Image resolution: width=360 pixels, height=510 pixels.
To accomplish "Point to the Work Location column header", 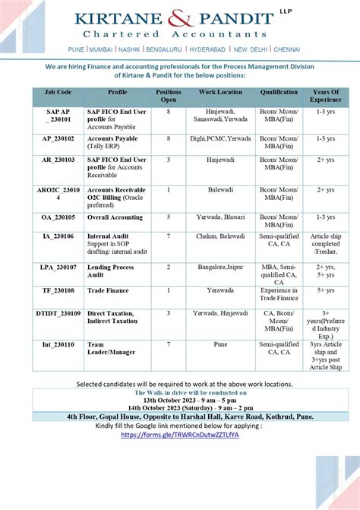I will click(220, 93).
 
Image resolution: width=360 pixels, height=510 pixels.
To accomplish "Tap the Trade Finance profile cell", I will click(107, 290).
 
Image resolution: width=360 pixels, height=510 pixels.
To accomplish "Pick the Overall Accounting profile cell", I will click(115, 216).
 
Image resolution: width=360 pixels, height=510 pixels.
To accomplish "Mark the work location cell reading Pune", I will click(220, 344).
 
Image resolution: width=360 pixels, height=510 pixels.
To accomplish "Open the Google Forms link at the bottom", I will click(180, 435).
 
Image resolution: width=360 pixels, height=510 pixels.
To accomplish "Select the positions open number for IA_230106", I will click(169, 236).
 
